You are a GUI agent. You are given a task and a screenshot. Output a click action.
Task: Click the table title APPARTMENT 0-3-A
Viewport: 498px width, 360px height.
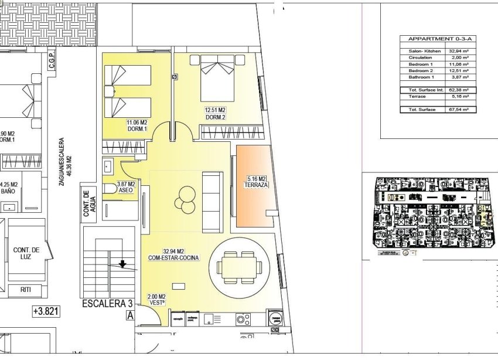point(438,39)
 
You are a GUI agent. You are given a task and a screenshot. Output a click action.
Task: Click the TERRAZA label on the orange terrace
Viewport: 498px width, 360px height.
point(255,185)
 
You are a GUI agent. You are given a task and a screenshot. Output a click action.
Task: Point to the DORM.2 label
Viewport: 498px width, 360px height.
point(216,117)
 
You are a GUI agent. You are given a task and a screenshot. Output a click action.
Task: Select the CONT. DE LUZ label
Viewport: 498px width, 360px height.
point(26,254)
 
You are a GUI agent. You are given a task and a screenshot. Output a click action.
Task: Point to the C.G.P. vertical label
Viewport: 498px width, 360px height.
point(52,59)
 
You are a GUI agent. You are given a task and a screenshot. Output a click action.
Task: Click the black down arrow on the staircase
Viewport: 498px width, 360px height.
point(122,264)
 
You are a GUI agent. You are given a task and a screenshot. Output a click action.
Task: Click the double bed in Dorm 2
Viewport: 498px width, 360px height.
point(218,79)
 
